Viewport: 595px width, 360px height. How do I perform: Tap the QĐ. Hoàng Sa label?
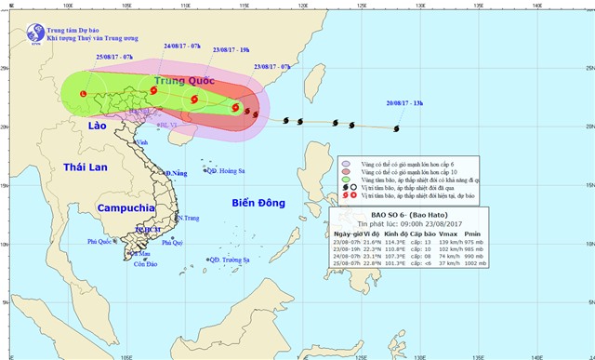click(226, 171)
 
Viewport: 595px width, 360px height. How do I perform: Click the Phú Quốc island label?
click(103, 242)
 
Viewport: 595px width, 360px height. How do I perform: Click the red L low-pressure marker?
click(83, 94)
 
